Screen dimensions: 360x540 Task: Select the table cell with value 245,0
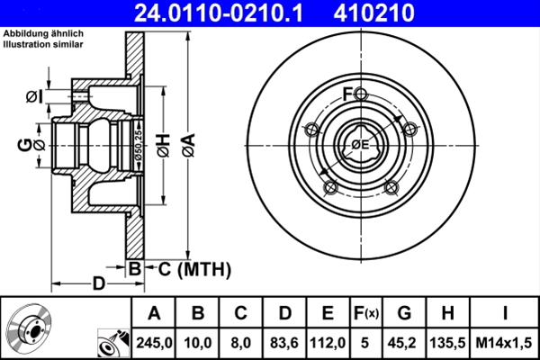pyautogui.click(x=154, y=343)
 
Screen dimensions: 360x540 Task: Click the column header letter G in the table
pyautogui.click(x=404, y=313)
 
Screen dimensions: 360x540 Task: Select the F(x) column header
pyautogui.click(x=366, y=313)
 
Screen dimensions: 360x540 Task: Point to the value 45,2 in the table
pyautogui.click(x=404, y=343)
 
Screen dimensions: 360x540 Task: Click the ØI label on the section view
pyautogui.click(x=33, y=95)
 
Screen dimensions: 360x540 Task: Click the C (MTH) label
pyautogui.click(x=188, y=268)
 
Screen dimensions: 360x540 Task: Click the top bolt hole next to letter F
pyautogui.click(x=361, y=95)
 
